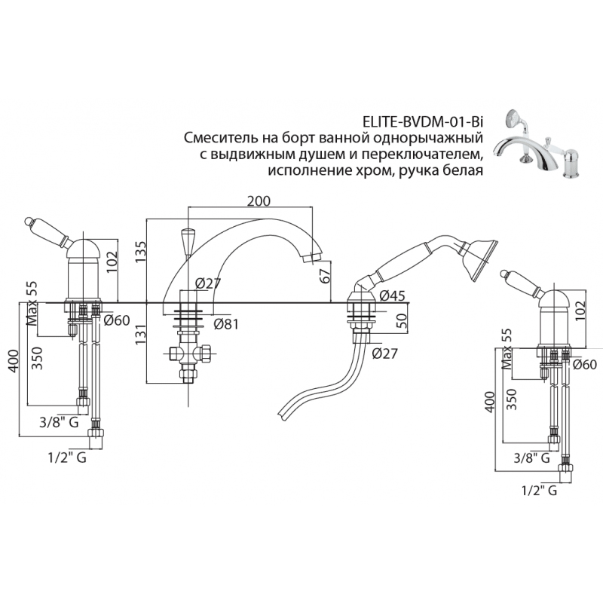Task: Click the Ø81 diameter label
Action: [x=227, y=325]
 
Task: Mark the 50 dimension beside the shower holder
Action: [x=402, y=320]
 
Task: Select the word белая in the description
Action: [x=461, y=171]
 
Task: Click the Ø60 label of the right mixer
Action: [x=585, y=366]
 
